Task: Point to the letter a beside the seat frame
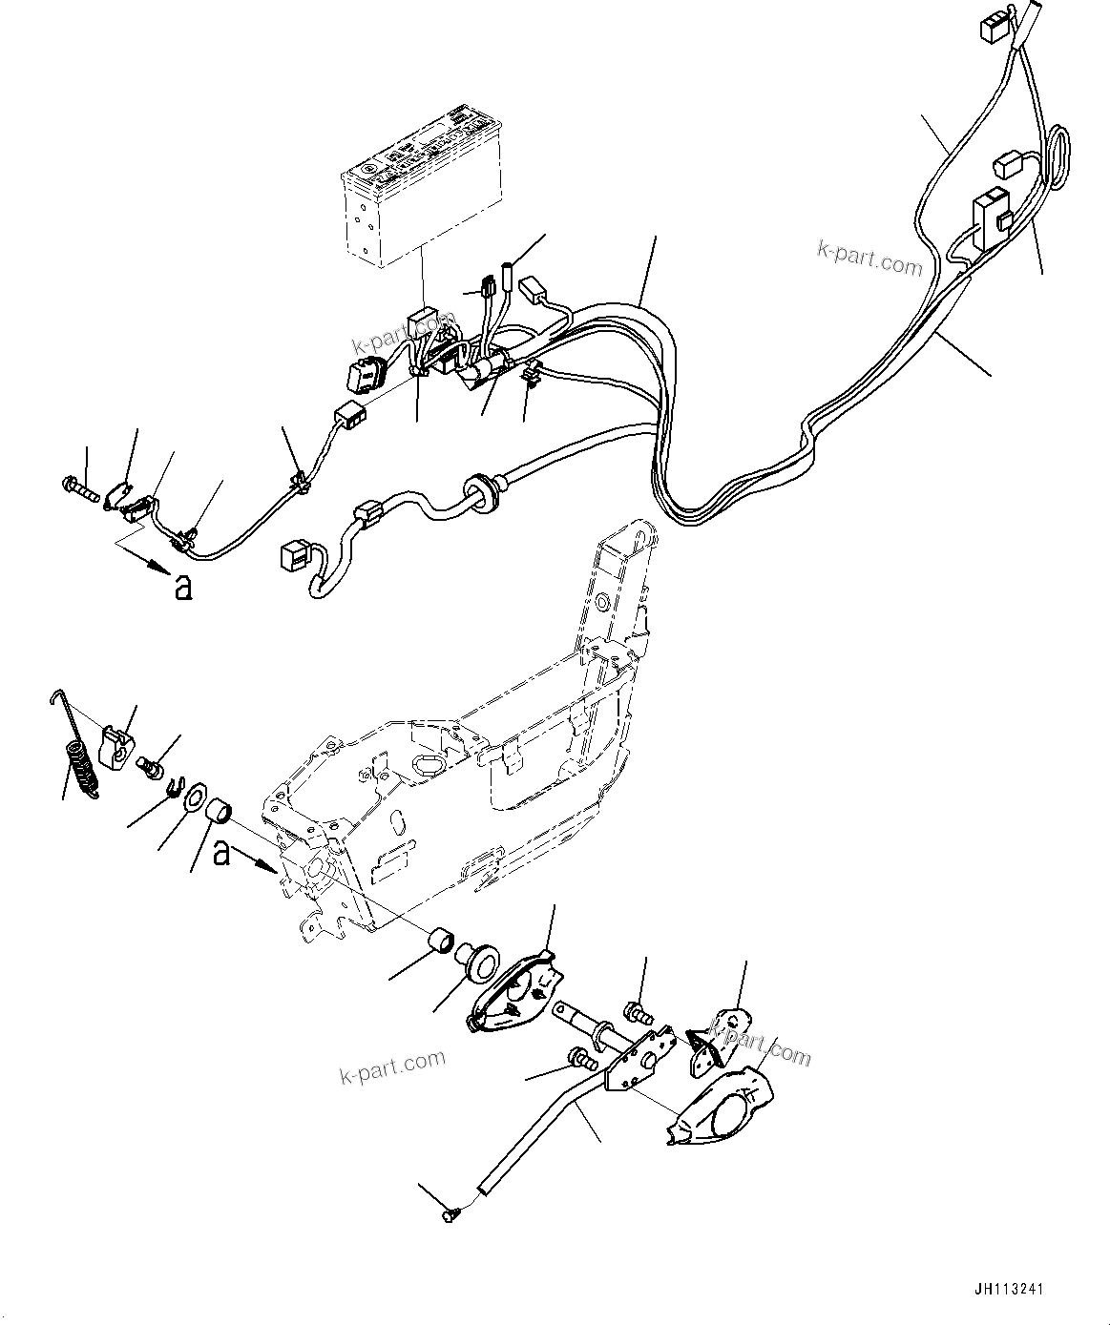coord(221,852)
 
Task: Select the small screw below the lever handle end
coord(451,1214)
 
